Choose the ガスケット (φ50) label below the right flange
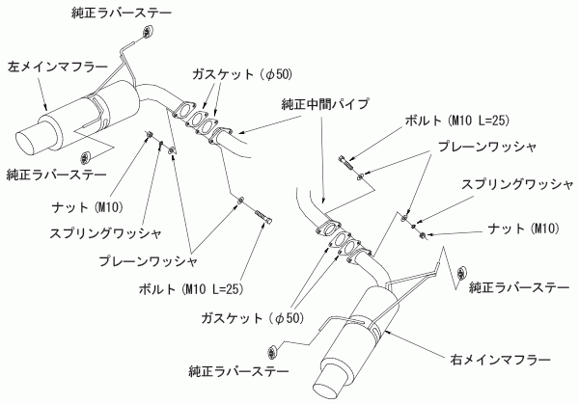(238, 316)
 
